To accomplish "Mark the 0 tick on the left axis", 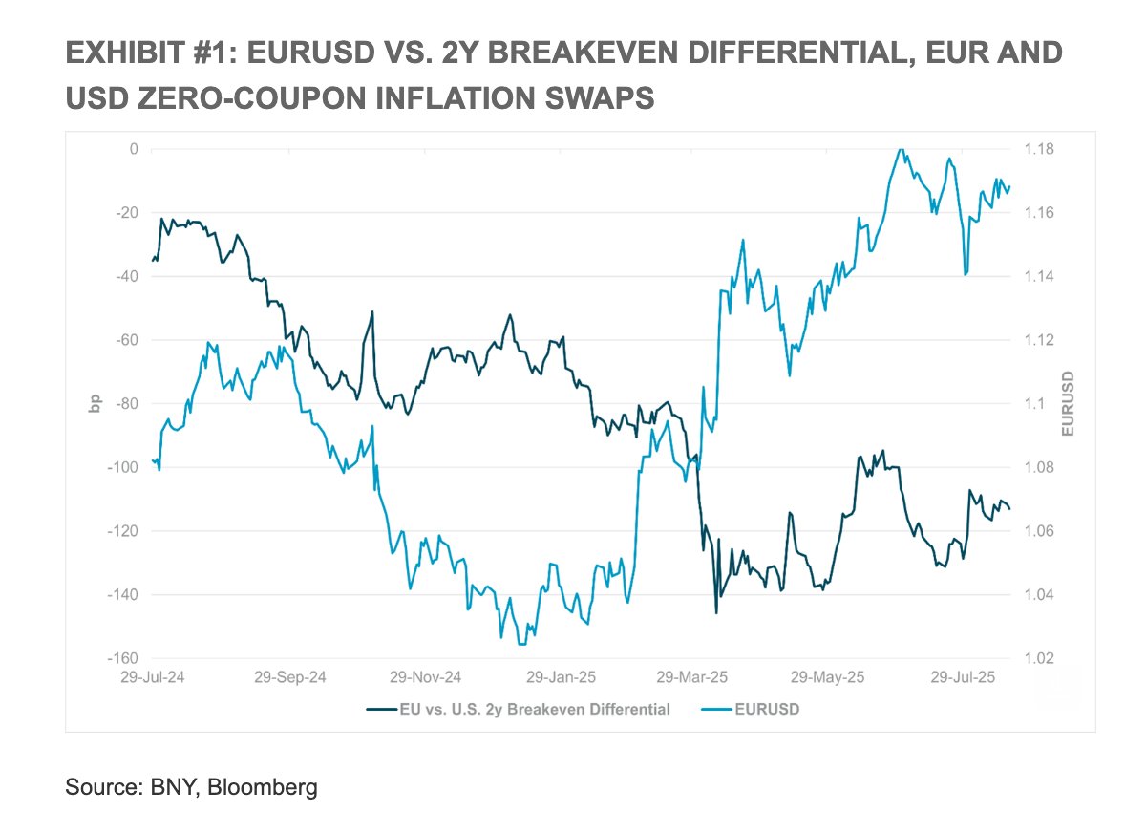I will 134,149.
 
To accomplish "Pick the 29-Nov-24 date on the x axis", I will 425,677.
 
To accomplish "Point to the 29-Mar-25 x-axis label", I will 691,677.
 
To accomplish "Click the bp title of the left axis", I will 95,404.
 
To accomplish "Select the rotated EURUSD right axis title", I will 1067,404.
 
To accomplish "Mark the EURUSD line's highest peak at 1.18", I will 900,150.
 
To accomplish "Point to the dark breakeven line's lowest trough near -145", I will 716,612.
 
